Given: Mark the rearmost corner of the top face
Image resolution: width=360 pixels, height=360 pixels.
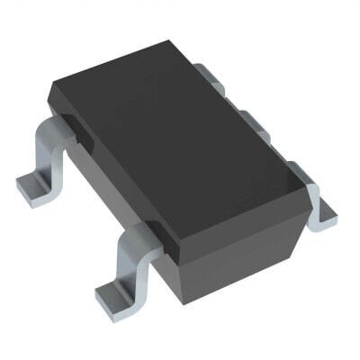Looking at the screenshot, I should [x=167, y=40].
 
